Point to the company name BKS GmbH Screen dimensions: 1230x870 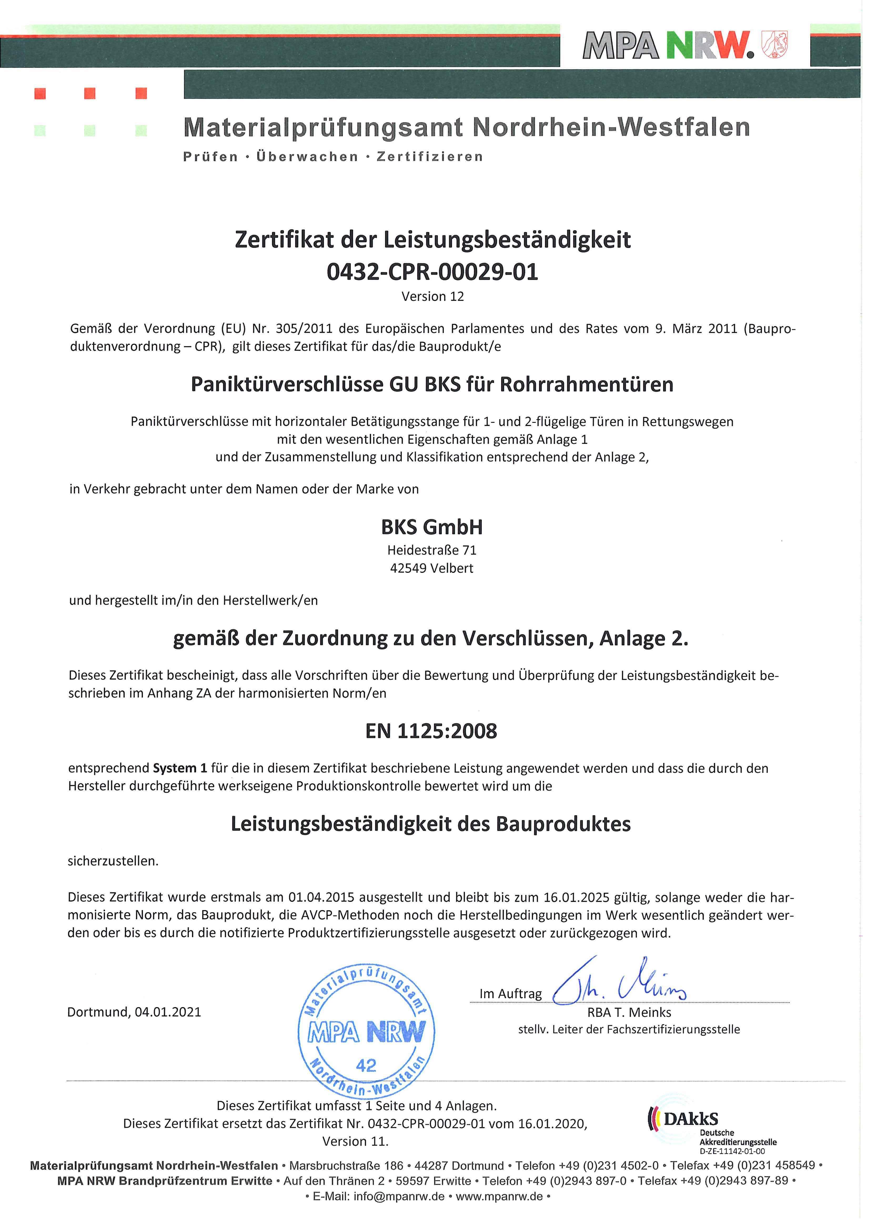point(432,527)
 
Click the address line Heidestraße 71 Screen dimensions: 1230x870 point(432,550)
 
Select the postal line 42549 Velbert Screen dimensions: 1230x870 point(432,568)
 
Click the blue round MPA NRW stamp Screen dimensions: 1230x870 point(366,1032)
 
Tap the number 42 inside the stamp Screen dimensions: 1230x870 point(366,1065)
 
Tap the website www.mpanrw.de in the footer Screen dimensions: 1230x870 point(499,1197)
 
